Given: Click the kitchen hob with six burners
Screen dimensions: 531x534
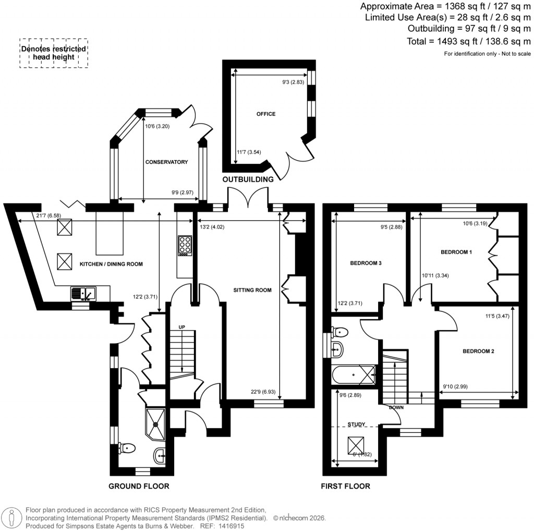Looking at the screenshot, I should (x=185, y=245).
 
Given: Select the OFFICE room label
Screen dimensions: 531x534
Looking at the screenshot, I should (x=265, y=114).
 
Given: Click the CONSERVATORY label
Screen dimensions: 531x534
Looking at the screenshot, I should (x=166, y=162).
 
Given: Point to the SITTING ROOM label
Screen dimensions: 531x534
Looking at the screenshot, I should (x=252, y=290).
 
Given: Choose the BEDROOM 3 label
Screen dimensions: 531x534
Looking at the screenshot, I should (x=366, y=263).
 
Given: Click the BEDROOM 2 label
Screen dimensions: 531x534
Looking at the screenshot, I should (x=478, y=351).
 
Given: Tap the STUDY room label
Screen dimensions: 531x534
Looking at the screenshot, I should (x=356, y=425).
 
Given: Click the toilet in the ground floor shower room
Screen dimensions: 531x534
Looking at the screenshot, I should (x=127, y=448).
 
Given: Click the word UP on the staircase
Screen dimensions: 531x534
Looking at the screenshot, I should (x=182, y=327).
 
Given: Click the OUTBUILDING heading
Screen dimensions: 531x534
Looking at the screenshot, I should (x=248, y=179).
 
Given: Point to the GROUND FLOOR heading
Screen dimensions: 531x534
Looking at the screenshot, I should (x=139, y=486).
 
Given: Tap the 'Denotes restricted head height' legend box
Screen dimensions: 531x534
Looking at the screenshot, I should (x=54, y=53).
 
